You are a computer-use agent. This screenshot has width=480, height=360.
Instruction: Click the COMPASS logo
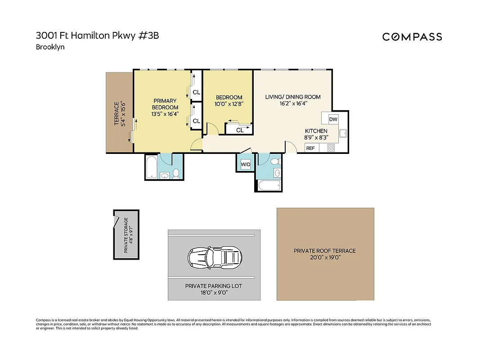[412, 37]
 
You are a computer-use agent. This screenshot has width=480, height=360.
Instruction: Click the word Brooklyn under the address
[50, 47]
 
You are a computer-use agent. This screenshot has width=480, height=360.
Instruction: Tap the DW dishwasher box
[333, 119]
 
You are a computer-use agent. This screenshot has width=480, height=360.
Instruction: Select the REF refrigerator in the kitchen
[310, 148]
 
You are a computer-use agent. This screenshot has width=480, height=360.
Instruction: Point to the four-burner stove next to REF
[331, 148]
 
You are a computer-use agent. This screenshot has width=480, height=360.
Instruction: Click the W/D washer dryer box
[246, 164]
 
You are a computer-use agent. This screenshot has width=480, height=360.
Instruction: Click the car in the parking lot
[214, 258]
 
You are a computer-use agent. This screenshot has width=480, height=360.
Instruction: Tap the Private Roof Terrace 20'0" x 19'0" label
[325, 254]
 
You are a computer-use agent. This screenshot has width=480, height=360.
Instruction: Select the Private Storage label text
[126, 234]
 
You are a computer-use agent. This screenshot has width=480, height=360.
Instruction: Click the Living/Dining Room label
[293, 100]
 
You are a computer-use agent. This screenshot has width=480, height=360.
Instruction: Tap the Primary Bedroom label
[165, 107]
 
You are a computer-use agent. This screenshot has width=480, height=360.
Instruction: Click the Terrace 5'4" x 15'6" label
[119, 113]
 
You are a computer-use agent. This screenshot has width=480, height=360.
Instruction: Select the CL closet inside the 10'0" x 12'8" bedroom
[239, 130]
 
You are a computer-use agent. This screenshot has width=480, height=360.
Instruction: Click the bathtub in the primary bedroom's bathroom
[152, 167]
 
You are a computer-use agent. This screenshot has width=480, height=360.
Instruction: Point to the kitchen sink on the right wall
[343, 133]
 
